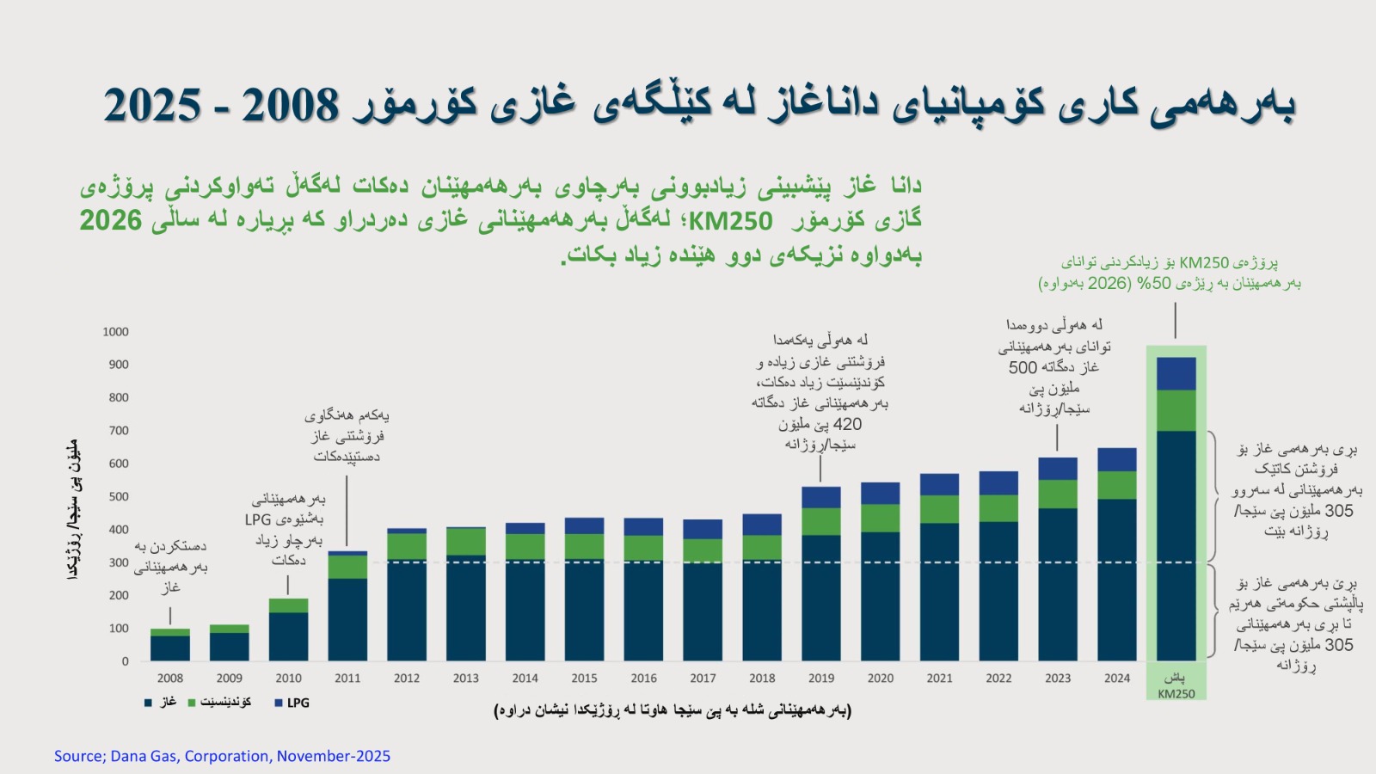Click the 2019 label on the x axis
[820, 678]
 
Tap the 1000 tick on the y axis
[115, 332]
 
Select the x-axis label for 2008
[169, 678]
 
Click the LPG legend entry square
[279, 703]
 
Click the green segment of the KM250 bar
[1176, 410]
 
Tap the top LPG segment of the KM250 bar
[1176, 373]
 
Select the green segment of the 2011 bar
[347, 567]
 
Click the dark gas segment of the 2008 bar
[169, 648]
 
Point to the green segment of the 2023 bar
[1057, 494]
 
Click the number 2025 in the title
[153, 105]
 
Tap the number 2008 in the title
[291, 105]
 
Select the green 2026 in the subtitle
[111, 221]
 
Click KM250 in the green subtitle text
[730, 222]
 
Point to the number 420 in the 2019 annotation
[847, 424]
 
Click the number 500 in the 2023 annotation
[1023, 367]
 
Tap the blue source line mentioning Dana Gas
[222, 756]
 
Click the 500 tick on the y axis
[118, 497]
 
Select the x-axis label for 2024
[1116, 678]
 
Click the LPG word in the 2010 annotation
[258, 519]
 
